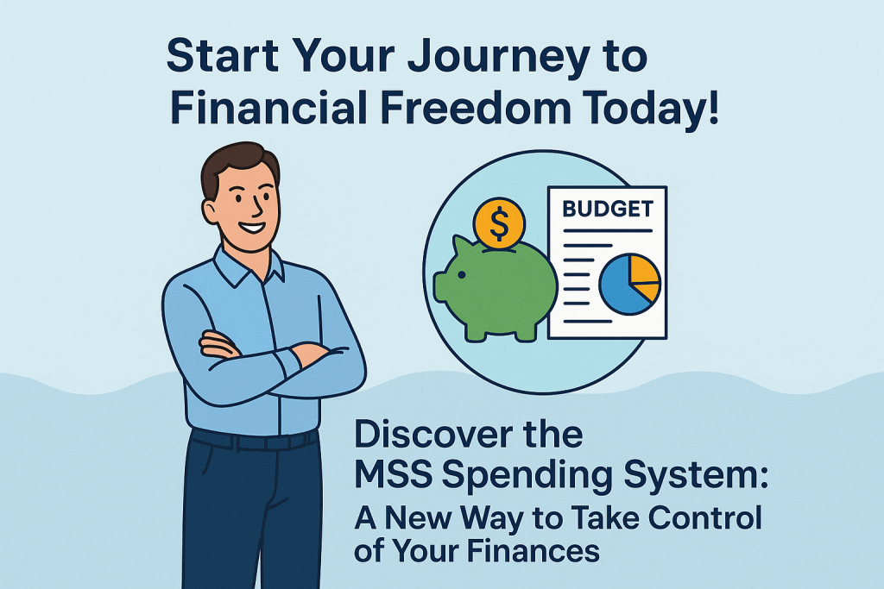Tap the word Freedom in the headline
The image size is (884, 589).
pos(477,107)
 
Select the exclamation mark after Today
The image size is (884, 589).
pos(714,106)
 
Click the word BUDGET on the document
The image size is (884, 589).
pos(607,209)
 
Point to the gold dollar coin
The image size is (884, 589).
pos(499,223)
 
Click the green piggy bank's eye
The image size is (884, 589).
pos(462,275)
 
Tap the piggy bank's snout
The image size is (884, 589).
pos(440,285)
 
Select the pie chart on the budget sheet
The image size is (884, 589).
pos(629,284)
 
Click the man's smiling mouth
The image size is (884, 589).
pos(251,228)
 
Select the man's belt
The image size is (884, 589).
pos(254,439)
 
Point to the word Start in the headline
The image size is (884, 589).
pos(223,56)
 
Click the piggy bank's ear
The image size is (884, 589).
pos(463,246)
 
